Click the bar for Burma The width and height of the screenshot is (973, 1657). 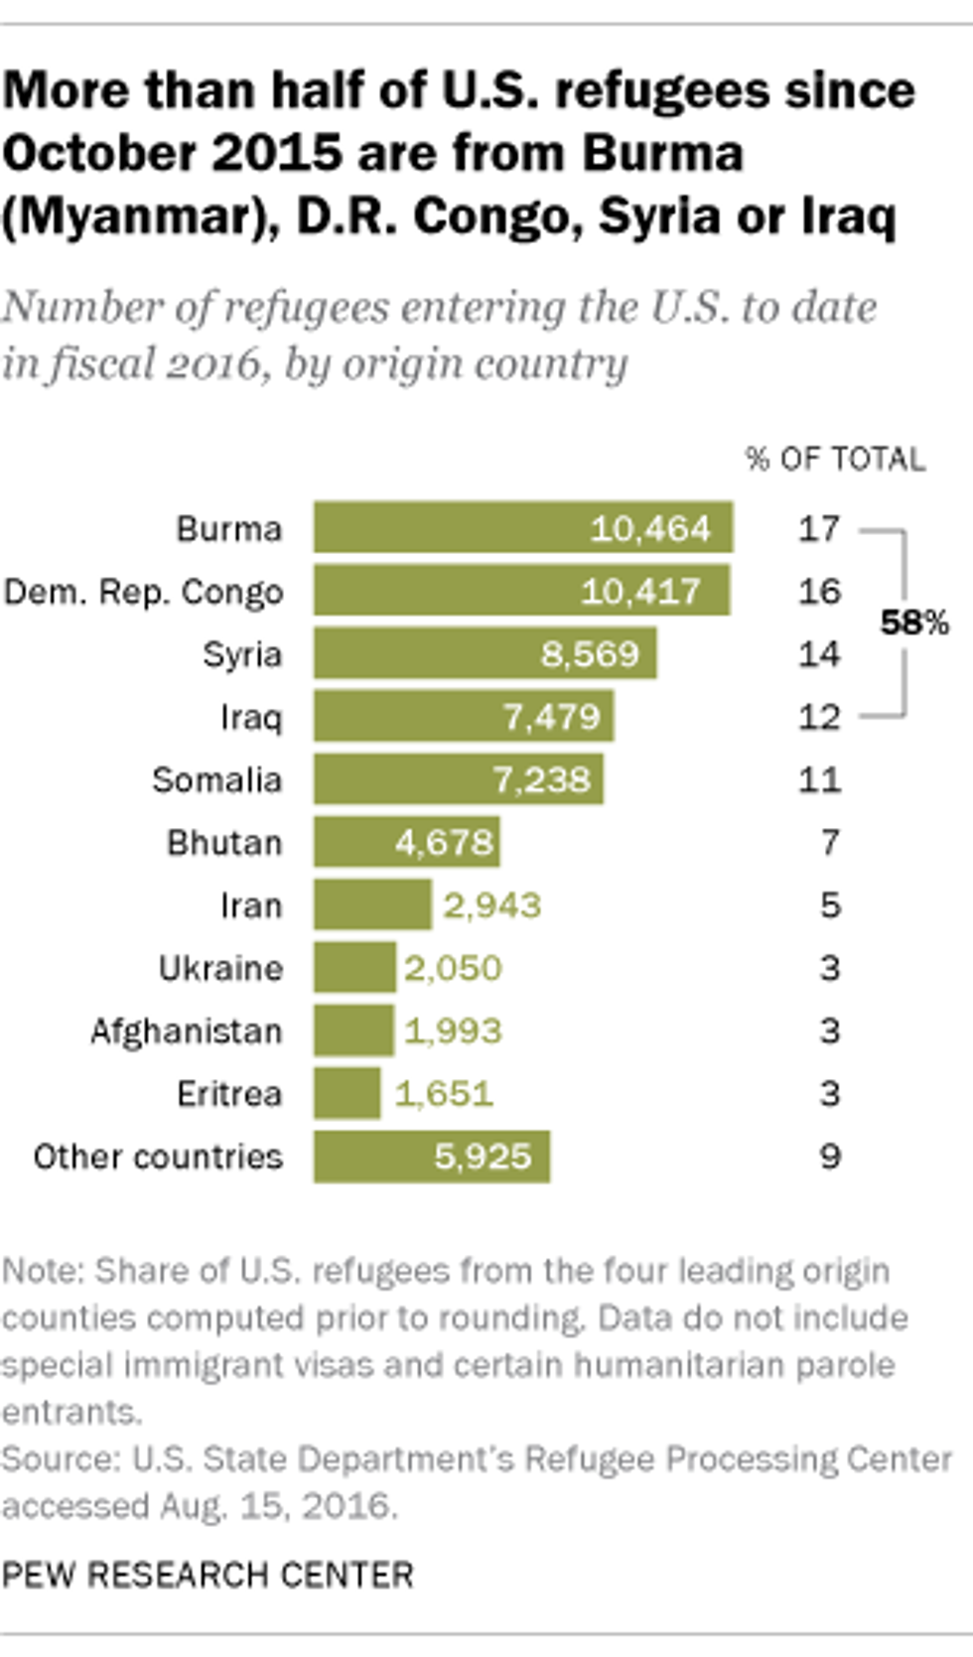[x=523, y=527]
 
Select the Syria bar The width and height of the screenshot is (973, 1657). [x=485, y=653]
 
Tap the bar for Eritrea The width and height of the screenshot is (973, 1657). [x=347, y=1093]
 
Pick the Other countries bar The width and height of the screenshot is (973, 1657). [x=431, y=1157]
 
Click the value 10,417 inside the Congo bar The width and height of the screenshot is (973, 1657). [x=640, y=592]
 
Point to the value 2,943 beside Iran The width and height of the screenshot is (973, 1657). [x=491, y=905]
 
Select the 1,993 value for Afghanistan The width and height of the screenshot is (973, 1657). [x=453, y=1032]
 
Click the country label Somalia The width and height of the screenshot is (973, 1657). [x=216, y=780]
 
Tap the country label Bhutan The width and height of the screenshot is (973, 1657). [x=224, y=843]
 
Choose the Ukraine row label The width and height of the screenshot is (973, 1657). [x=220, y=968]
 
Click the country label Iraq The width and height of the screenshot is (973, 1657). [x=250, y=717]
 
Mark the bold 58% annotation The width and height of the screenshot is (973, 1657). [x=914, y=622]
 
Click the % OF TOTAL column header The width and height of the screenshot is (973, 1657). [x=835, y=459]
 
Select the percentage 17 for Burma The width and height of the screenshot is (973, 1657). [x=819, y=528]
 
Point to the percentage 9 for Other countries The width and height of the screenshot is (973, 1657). [x=830, y=1157]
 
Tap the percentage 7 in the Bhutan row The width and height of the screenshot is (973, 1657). [x=830, y=843]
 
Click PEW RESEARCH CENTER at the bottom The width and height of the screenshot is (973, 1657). [x=208, y=1575]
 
